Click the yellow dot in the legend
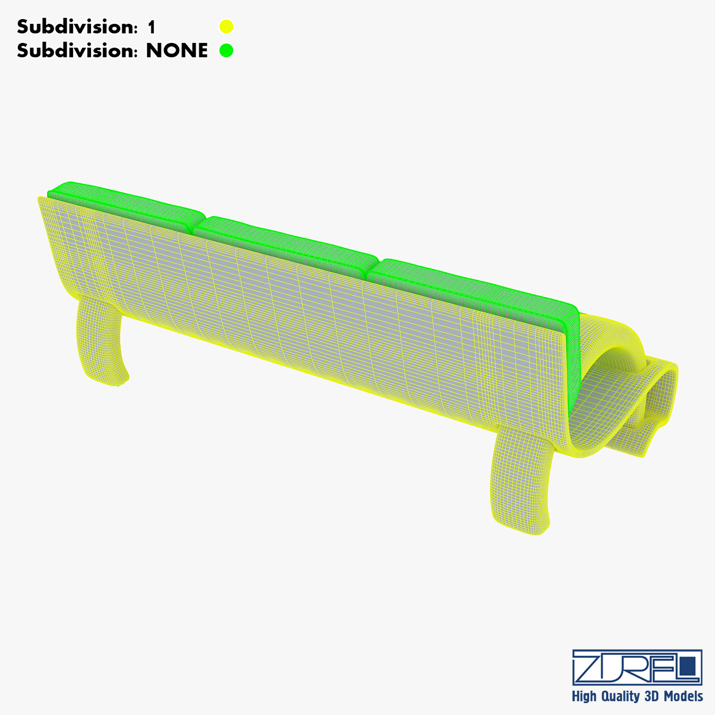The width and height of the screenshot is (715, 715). [x=226, y=27]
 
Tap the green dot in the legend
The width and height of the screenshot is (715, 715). [x=226, y=51]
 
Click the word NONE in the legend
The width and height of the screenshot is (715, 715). [x=177, y=51]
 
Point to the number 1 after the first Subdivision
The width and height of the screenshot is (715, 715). [x=152, y=27]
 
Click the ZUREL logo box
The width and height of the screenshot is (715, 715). [x=637, y=667]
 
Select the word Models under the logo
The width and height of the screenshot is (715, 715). [x=684, y=696]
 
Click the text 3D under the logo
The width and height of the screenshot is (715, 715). [x=652, y=696]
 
